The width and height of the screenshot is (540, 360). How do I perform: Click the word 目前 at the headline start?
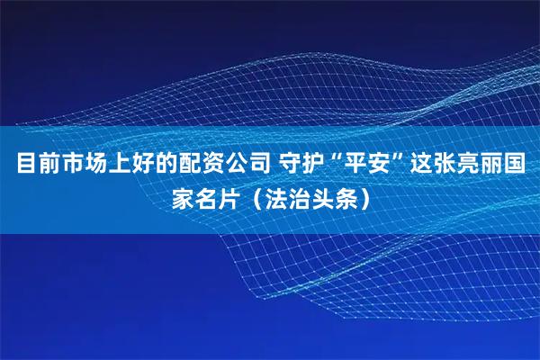tap(35, 165)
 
